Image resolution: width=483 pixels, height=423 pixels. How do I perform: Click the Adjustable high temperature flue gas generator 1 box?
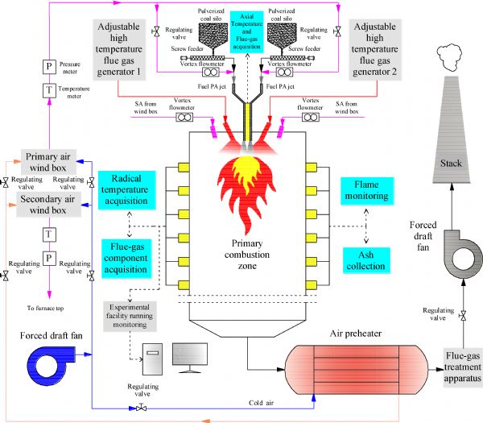coord(129,47)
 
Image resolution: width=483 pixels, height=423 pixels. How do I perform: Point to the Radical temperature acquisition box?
coord(130,190)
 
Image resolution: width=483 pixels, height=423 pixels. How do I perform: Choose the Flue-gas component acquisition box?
coord(130,257)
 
